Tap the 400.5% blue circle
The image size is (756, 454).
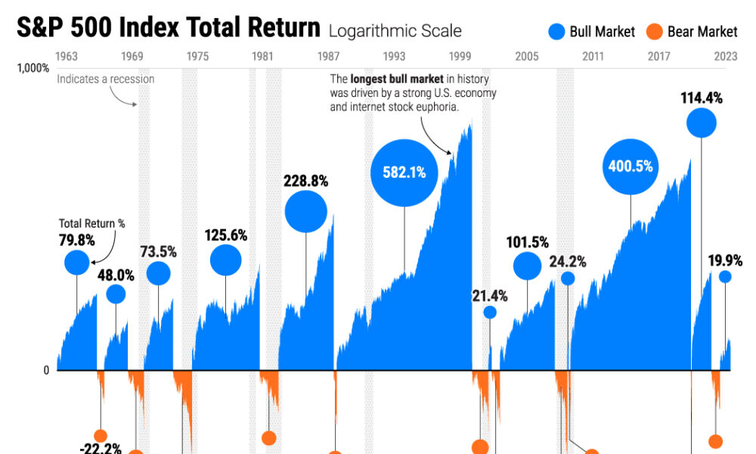coord(631,166)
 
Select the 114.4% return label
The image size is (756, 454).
coord(701,98)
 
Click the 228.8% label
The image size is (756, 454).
coord(305,181)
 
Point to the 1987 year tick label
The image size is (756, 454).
coord(328,56)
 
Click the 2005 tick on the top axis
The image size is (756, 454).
coord(527,56)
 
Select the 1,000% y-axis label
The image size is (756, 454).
coord(33,68)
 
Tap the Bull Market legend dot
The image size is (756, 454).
coord(557,32)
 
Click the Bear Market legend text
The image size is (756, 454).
coord(702,32)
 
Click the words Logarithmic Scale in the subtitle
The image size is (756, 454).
coord(394,32)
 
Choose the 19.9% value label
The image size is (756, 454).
coord(725,261)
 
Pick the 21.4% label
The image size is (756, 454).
coord(490,296)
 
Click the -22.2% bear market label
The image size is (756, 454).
coord(101,448)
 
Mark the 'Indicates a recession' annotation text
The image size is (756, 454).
coord(105,79)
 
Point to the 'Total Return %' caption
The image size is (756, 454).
coord(92,224)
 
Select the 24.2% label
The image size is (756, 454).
coord(567,262)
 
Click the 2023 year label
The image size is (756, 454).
coord(725,56)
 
